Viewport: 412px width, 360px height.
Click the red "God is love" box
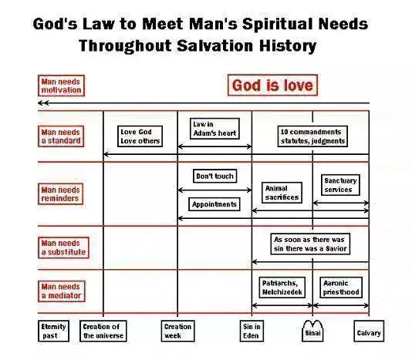coord(272,86)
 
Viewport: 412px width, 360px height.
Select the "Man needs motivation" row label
coord(61,86)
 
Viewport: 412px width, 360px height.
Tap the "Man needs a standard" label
coord(61,136)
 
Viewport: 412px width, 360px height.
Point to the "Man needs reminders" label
coord(60,194)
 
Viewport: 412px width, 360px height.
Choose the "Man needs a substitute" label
coord(63,247)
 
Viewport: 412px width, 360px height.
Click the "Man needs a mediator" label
coord(62,291)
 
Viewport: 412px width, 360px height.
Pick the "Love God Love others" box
coord(140,136)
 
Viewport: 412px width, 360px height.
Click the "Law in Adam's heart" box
coord(214,129)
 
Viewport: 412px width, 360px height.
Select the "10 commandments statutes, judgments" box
coord(312,136)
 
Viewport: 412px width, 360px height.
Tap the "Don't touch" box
coord(215,176)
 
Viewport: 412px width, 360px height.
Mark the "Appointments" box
coord(214,204)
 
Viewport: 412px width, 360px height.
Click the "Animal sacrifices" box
coord(282,193)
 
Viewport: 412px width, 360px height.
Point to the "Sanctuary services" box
coord(340,185)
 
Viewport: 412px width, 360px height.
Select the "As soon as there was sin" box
coord(310,244)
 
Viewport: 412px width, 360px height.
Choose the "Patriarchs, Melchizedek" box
coord(282,288)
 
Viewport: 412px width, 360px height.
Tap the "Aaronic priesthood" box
coord(341,288)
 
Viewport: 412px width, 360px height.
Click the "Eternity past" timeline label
coord(53,331)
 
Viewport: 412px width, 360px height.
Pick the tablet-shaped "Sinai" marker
coord(312,331)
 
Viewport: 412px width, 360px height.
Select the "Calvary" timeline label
coord(369,331)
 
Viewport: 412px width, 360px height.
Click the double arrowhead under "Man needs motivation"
coord(43,103)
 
